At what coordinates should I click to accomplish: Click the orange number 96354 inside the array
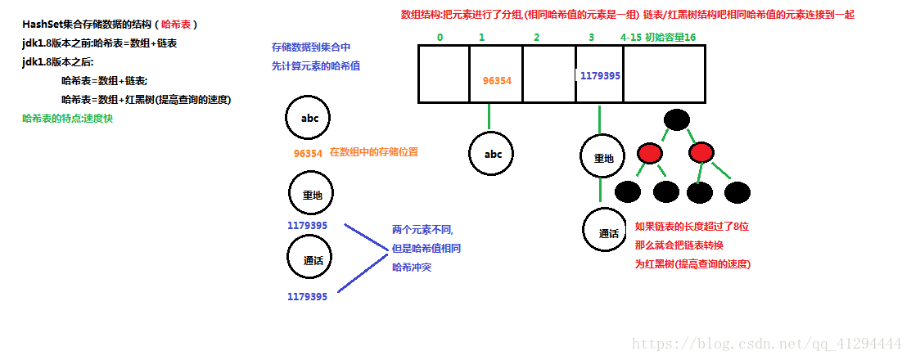click(497, 80)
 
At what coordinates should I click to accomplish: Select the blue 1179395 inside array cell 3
click(600, 75)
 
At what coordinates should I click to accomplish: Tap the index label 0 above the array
click(440, 37)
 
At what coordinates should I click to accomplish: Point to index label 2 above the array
click(536, 37)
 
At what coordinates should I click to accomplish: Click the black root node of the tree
click(676, 119)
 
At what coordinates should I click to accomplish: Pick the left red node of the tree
click(651, 153)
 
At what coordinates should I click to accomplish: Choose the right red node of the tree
click(701, 153)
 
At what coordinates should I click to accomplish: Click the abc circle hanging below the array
click(493, 153)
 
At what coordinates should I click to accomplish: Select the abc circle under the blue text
click(309, 119)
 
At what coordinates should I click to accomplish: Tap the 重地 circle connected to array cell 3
click(603, 157)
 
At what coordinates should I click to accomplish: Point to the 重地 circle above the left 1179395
click(311, 195)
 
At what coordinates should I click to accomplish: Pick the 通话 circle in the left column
click(311, 259)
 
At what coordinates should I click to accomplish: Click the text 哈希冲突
click(412, 267)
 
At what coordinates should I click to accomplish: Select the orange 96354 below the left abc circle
click(308, 153)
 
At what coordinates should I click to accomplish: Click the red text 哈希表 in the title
click(175, 25)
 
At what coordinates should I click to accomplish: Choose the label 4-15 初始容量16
click(658, 37)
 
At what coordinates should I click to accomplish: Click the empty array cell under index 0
click(444, 74)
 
